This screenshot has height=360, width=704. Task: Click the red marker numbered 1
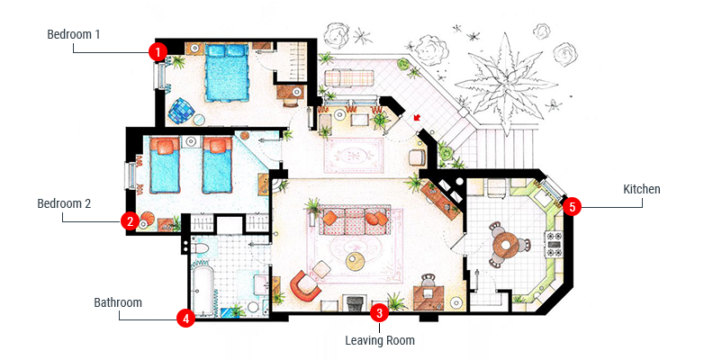(158, 52)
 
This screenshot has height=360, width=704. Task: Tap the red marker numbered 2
(130, 220)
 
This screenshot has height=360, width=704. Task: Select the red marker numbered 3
(379, 313)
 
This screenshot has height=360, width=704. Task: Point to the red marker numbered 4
(185, 319)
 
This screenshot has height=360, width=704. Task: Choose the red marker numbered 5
(572, 207)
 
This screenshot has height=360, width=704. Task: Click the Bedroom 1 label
(74, 34)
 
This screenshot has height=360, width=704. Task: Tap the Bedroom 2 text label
(64, 203)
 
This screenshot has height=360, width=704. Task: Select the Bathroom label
(118, 302)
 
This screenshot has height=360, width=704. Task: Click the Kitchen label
(642, 189)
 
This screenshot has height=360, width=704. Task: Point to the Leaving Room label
(380, 340)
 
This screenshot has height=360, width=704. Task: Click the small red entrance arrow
(417, 118)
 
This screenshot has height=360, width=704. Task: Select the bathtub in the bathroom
(203, 288)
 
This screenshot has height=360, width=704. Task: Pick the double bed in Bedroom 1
(226, 73)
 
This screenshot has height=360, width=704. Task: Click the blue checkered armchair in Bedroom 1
(181, 111)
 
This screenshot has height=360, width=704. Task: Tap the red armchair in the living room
(305, 286)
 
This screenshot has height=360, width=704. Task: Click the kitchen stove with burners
(554, 245)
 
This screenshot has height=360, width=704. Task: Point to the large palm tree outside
(506, 84)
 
